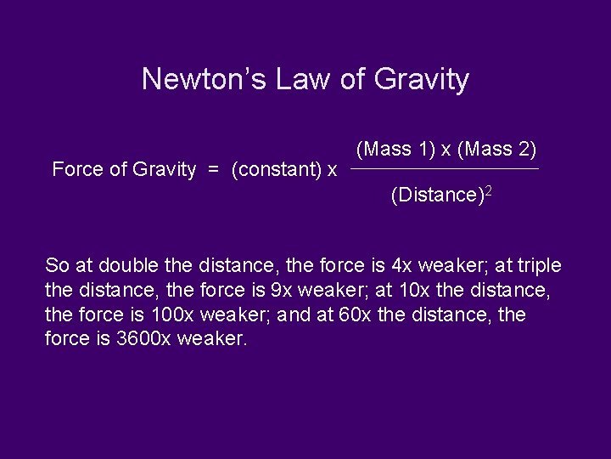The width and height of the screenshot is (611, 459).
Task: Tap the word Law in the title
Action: pos(296,79)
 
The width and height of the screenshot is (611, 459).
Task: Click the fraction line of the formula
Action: pos(445,169)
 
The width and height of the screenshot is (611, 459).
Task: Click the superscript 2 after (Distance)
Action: pos(488,191)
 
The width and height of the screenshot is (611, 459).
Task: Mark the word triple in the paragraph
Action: pos(539,265)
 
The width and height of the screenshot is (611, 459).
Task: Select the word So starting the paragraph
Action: pos(57,265)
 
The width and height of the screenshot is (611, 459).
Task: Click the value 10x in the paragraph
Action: pos(414,290)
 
